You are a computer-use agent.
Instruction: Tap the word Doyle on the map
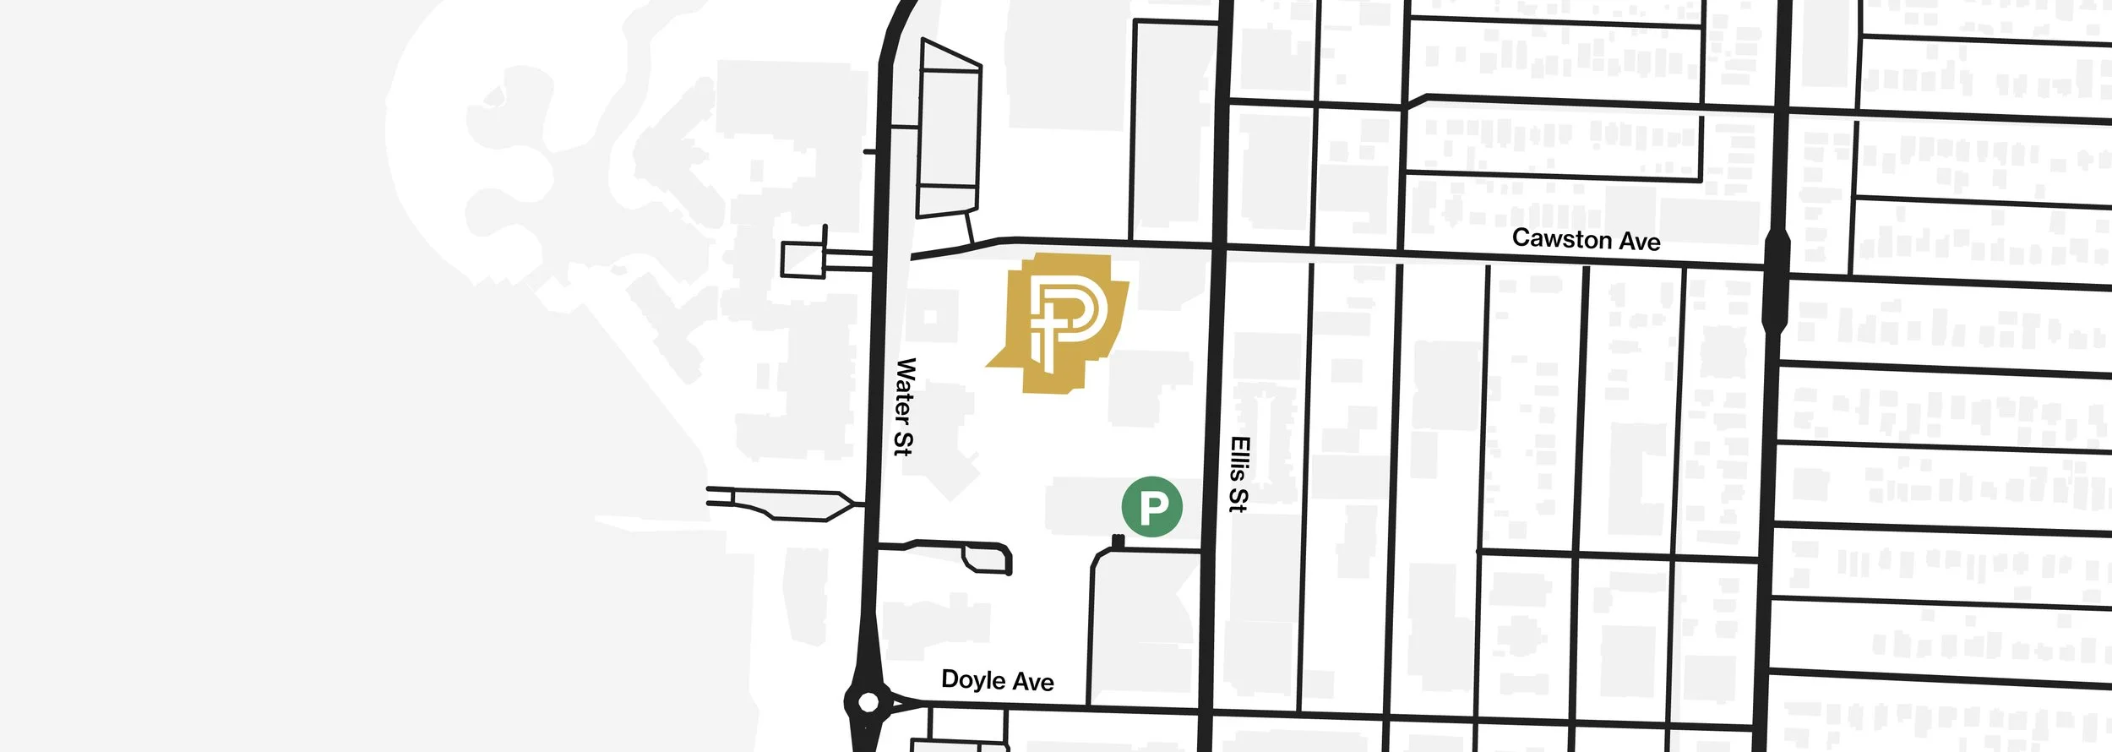(972, 679)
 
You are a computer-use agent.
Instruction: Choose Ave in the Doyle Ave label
(1034, 682)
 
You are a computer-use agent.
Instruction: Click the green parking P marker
(1151, 507)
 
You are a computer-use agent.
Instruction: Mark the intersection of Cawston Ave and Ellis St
(1218, 247)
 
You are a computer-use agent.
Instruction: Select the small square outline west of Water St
(803, 259)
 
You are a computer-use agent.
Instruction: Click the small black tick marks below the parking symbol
(1119, 541)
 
